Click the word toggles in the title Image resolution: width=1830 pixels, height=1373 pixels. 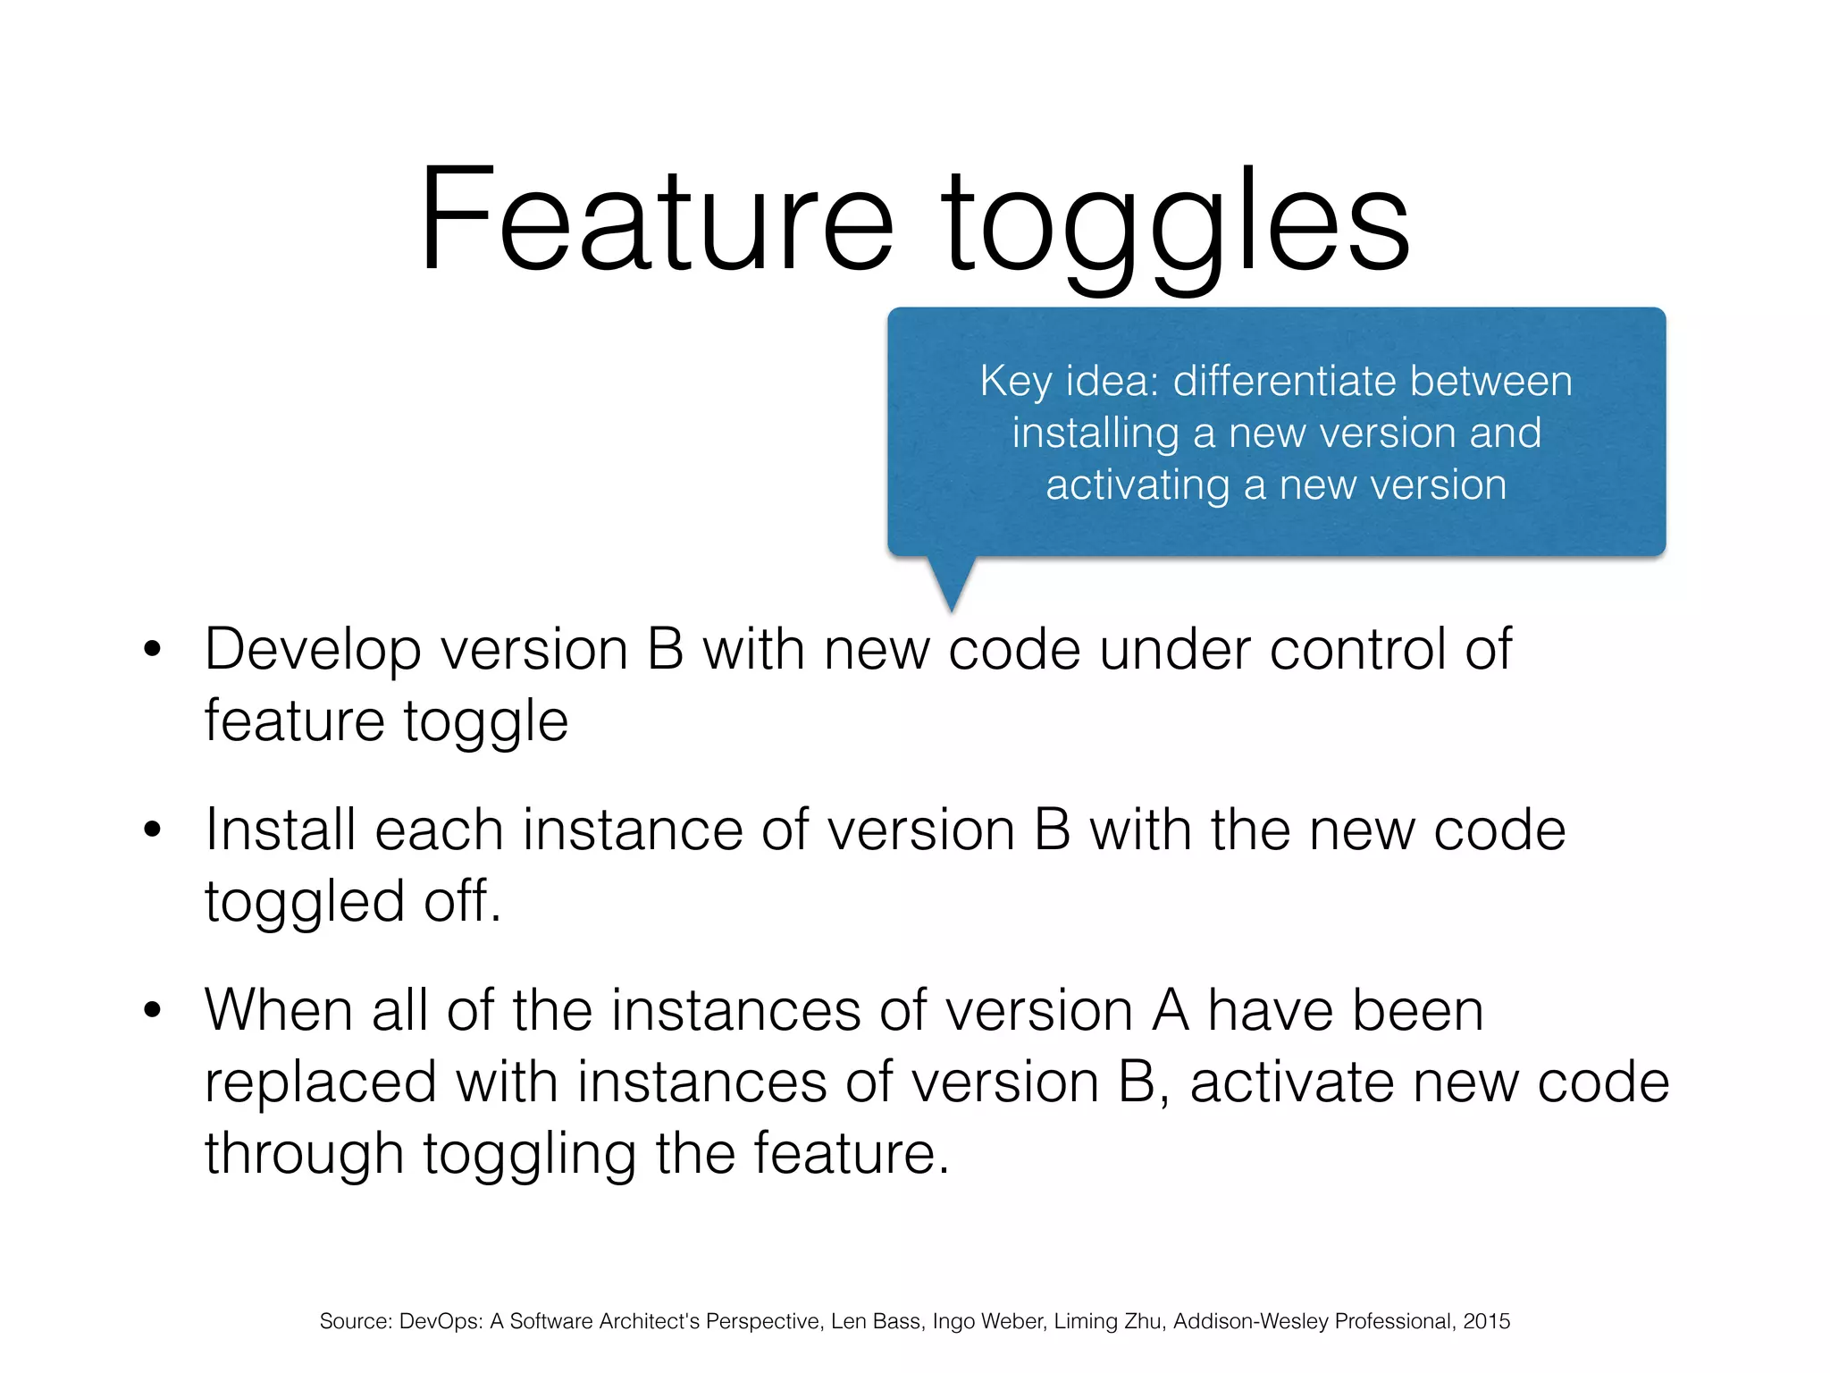pos(1175,223)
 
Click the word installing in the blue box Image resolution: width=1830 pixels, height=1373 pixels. pos(1095,434)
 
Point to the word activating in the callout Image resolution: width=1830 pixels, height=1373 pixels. pos(1137,485)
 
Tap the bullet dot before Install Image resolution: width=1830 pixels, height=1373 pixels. pos(153,829)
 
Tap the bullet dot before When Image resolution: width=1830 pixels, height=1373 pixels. pos(153,1010)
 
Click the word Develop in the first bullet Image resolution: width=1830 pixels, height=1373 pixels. pos(313,650)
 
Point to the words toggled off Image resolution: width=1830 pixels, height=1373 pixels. pos(353,901)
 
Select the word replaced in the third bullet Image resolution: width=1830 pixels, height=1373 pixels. pos(320,1082)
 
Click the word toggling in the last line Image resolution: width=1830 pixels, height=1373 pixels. pos(529,1155)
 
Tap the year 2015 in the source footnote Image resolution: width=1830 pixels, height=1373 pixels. pos(1486,1321)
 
